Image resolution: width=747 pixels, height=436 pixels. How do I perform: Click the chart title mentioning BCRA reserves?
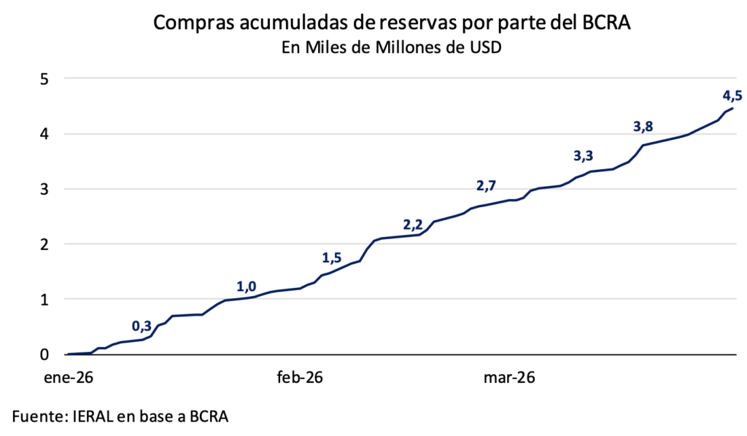[x=392, y=23]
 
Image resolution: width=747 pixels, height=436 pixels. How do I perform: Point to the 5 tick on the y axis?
[x=44, y=79]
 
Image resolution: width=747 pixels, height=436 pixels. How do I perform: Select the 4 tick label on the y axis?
[x=44, y=134]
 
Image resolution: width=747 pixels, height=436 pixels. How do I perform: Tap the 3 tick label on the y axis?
[x=44, y=189]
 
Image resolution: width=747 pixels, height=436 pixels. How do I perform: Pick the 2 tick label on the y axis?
[x=44, y=244]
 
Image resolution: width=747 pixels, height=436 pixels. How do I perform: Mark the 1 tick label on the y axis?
[x=44, y=299]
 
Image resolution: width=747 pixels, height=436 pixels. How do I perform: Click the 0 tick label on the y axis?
[x=44, y=354]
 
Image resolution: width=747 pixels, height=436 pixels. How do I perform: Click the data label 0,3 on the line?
[x=142, y=326]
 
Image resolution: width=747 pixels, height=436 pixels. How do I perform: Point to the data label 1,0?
[x=247, y=287]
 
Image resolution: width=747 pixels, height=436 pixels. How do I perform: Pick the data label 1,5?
[x=332, y=257]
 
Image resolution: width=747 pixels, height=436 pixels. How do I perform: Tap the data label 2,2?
[x=413, y=224]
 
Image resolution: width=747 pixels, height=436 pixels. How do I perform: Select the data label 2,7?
[x=487, y=186]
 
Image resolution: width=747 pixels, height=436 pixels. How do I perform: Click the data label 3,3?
[x=584, y=155]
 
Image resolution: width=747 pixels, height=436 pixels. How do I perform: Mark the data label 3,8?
[x=643, y=127]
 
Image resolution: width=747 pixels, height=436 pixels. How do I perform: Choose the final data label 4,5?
[x=732, y=95]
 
